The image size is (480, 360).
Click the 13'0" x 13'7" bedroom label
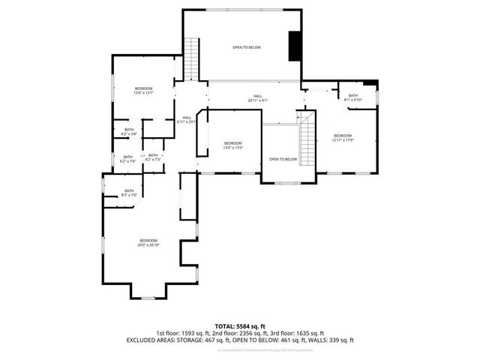[x=143, y=91]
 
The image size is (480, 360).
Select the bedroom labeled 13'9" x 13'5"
[x=232, y=145]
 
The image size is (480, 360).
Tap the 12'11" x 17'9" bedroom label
[x=342, y=138]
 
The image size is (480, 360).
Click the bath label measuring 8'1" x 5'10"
[x=352, y=97]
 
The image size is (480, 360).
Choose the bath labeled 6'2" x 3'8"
[x=128, y=132]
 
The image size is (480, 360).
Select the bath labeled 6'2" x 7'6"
[x=128, y=159]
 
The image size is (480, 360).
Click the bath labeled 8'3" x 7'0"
[x=129, y=193]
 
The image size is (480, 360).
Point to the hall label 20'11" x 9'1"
[x=257, y=97]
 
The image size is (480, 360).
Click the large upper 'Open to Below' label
[x=246, y=47]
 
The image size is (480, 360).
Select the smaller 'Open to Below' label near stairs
[x=283, y=159]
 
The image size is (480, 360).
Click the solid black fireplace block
[x=295, y=46]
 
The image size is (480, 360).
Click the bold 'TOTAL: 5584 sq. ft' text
[x=240, y=325]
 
